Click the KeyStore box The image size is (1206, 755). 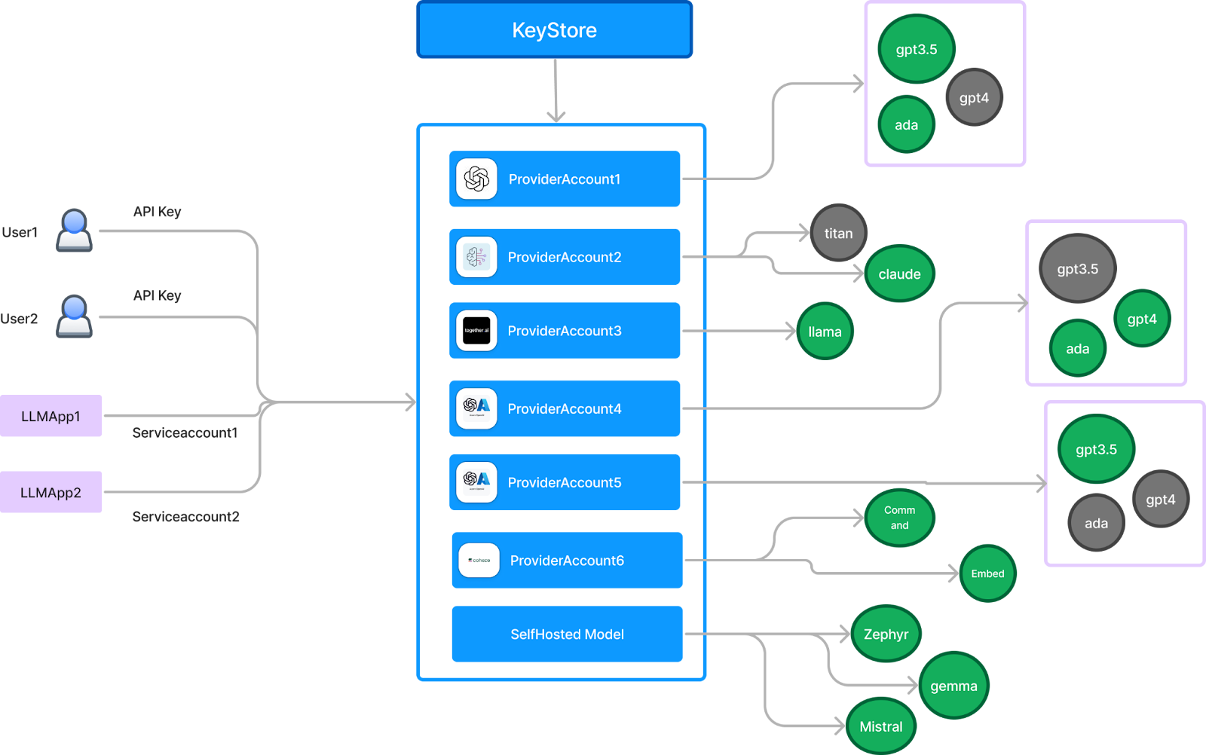pyautogui.click(x=554, y=30)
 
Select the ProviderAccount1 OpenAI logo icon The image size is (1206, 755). pyautogui.click(x=476, y=179)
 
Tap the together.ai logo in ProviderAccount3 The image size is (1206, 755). pyautogui.click(x=476, y=331)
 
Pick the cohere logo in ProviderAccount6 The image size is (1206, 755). pyautogui.click(x=479, y=561)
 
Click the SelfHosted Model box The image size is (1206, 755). pyautogui.click(x=567, y=634)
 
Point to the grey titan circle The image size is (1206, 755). pyautogui.click(x=838, y=233)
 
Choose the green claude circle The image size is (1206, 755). pyautogui.click(x=899, y=274)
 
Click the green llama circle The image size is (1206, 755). pyautogui.click(x=825, y=332)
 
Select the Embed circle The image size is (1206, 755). pyautogui.click(x=987, y=573)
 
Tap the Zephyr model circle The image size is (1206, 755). pyautogui.click(x=886, y=634)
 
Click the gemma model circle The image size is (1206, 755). pyautogui.click(x=953, y=686)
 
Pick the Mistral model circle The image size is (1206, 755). pyautogui.click(x=880, y=726)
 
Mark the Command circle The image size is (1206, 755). pyautogui.click(x=899, y=518)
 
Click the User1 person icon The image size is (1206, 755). pyautogui.click(x=74, y=231)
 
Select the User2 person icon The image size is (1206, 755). pyautogui.click(x=74, y=316)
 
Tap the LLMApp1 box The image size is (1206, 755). pyautogui.click(x=51, y=416)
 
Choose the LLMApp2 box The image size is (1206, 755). pyautogui.click(x=51, y=493)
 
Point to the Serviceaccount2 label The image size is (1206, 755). pyautogui.click(x=185, y=517)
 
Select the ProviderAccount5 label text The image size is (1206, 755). pyautogui.click(x=565, y=482)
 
